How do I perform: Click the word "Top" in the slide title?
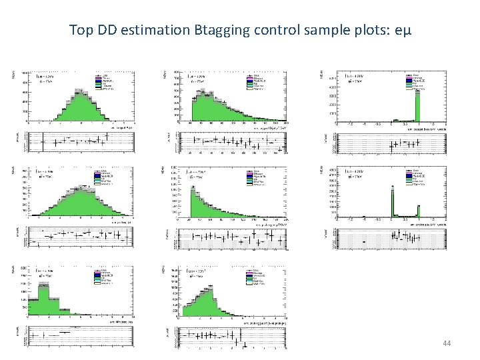(x=81, y=30)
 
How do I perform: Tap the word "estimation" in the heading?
(x=149, y=30)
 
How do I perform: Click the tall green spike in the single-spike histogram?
(x=418, y=107)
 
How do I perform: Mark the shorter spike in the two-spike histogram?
(x=419, y=211)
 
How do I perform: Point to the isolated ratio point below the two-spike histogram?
(x=363, y=241)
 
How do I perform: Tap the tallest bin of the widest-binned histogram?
(x=43, y=293)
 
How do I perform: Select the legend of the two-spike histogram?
(x=418, y=176)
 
